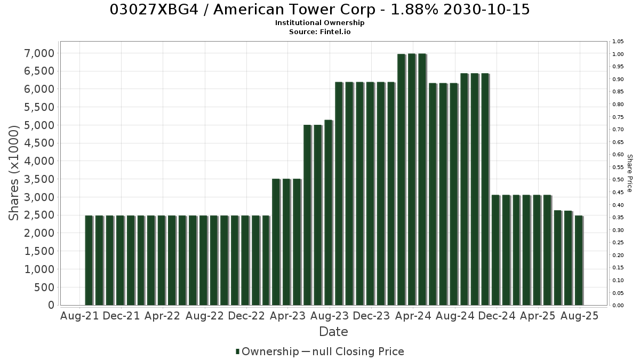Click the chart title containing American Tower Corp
(x=319, y=10)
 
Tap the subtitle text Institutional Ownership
(x=319, y=23)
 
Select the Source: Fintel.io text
(x=319, y=31)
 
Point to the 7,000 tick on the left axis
(x=39, y=53)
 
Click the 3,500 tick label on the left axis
(x=39, y=179)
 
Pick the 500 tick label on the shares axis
(x=44, y=287)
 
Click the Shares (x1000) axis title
(x=13, y=173)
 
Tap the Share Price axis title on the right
(x=629, y=173)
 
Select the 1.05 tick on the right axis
(x=618, y=42)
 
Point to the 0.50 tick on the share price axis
(x=618, y=179)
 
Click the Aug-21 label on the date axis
(x=79, y=316)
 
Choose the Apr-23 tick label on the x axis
(x=287, y=316)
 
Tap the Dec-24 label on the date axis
(x=497, y=316)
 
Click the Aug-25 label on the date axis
(x=579, y=316)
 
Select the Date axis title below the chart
(x=333, y=332)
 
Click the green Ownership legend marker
(x=237, y=351)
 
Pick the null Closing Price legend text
(x=358, y=351)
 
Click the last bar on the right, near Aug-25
(x=579, y=260)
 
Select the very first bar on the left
(x=89, y=260)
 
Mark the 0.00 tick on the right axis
(x=618, y=306)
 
